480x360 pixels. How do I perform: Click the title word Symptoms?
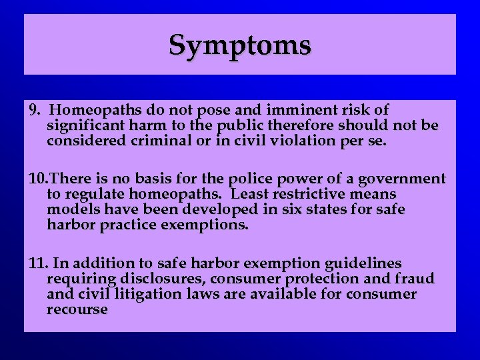click(x=239, y=45)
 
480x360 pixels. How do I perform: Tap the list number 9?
click(x=35, y=109)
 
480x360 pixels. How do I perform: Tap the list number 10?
click(x=39, y=179)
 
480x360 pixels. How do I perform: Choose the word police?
click(x=250, y=179)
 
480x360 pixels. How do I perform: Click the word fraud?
click(x=415, y=279)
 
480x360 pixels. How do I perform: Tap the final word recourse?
click(x=77, y=310)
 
